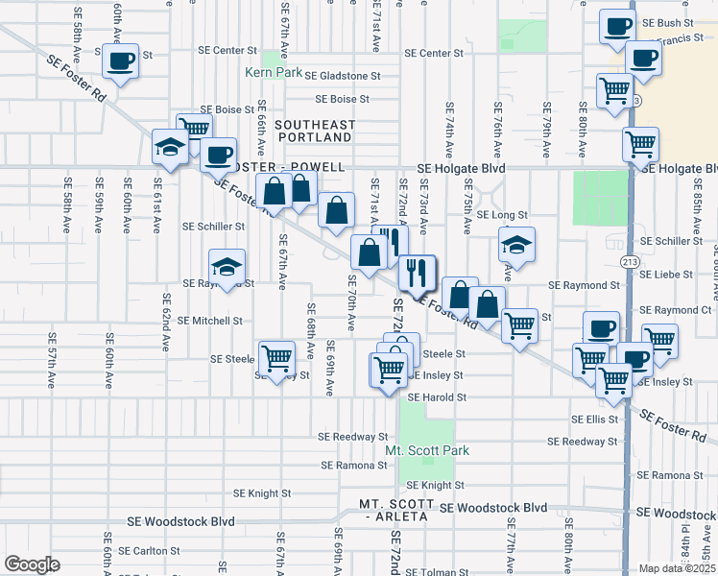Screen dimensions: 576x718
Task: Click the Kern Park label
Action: click(273, 72)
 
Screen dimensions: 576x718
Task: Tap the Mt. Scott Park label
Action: click(427, 450)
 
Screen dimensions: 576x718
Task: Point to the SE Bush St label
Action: click(668, 22)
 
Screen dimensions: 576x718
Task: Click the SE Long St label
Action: click(503, 215)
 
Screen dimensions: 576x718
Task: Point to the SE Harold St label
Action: click(437, 396)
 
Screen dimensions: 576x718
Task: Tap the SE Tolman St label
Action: click(436, 572)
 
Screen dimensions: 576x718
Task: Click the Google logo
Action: click(31, 564)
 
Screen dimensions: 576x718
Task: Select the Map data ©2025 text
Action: click(677, 568)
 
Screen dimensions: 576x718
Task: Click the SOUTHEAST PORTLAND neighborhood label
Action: click(315, 131)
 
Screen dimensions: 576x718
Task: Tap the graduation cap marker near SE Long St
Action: click(516, 245)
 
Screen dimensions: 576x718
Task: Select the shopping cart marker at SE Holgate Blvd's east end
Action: click(640, 144)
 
